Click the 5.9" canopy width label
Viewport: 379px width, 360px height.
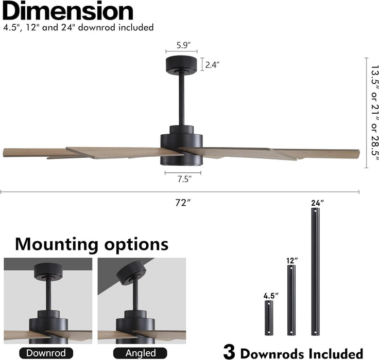click(183, 45)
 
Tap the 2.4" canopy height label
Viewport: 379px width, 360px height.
click(212, 65)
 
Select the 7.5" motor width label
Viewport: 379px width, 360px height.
click(184, 179)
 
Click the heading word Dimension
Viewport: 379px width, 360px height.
click(68, 11)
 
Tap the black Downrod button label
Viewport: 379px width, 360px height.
click(46, 353)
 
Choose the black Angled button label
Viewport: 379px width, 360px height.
click(140, 353)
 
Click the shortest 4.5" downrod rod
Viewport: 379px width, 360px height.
click(269, 318)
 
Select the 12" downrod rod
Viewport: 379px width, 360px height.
click(291, 300)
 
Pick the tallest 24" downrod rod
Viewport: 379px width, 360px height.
click(315, 272)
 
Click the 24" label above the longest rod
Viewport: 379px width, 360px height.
click(317, 203)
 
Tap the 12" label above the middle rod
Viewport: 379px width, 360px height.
click(292, 261)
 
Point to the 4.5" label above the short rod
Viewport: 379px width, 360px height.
click(271, 296)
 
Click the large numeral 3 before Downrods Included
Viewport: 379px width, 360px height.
click(229, 352)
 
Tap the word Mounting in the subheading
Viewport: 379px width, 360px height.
click(57, 245)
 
